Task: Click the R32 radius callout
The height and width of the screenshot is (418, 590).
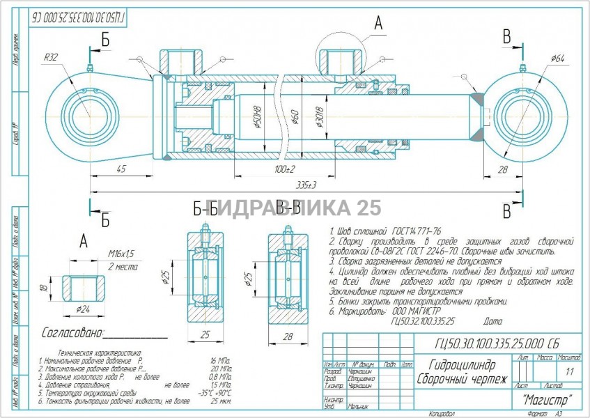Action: (x=50, y=56)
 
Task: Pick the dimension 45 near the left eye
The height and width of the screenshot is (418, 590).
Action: (x=121, y=169)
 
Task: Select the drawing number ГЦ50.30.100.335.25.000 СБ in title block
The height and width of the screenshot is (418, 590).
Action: (x=497, y=343)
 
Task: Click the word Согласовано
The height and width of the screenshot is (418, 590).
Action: (x=73, y=332)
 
